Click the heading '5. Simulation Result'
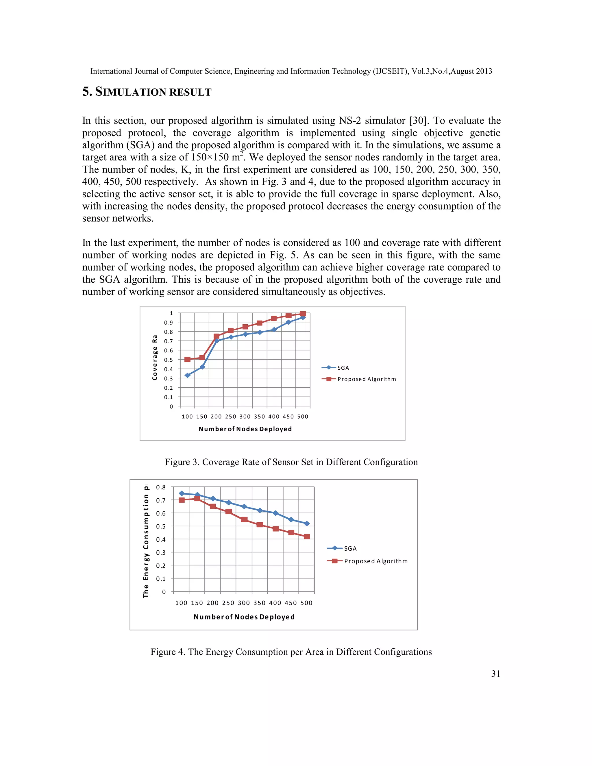coord(147,92)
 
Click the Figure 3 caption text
coord(291,462)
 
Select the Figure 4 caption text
coord(291,652)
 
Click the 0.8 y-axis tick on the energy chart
coord(161,487)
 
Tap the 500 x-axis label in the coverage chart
coord(303,417)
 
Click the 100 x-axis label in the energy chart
coord(181,603)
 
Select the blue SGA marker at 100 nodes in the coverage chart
coord(188,375)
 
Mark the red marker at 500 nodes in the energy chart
coord(306,536)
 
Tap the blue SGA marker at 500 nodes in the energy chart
coord(306,523)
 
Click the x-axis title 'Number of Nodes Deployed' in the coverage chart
coord(245,429)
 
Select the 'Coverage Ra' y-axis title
coord(155,357)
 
